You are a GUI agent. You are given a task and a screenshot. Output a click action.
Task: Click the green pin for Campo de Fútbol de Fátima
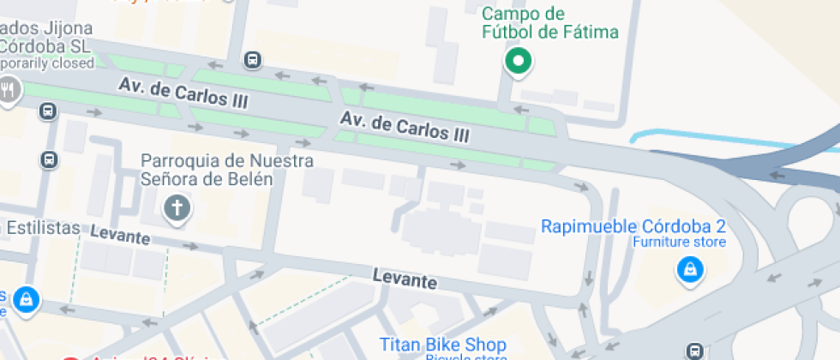tap(518, 61)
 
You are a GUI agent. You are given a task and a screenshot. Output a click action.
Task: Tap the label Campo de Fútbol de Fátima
tap(549, 24)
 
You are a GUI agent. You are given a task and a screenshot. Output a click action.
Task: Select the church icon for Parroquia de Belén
tap(177, 207)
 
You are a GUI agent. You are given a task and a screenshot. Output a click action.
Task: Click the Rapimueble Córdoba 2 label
tap(633, 227)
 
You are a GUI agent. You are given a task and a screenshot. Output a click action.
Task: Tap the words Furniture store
tap(680, 243)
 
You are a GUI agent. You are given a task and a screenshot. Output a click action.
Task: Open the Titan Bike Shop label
tap(442, 344)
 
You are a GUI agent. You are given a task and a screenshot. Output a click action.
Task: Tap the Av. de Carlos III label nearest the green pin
tap(405, 126)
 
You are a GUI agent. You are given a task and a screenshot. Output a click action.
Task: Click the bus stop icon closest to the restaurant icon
tap(48, 111)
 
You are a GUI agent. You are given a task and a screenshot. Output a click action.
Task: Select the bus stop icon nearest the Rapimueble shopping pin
tap(695, 350)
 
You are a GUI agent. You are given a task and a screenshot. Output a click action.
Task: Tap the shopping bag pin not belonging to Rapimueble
tap(26, 299)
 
